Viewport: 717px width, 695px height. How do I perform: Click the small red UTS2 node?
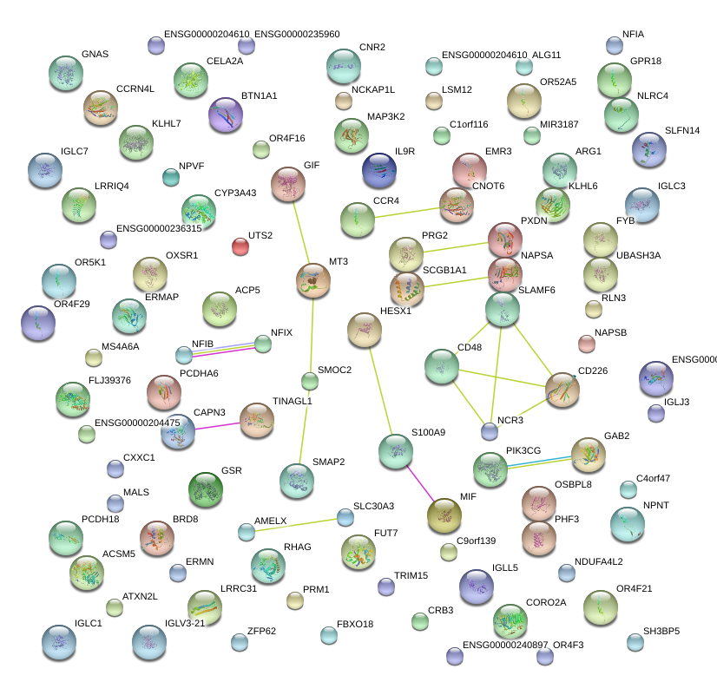tap(240, 246)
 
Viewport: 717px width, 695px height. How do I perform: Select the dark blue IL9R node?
tap(378, 170)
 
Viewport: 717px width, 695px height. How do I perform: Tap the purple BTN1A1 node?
tap(226, 115)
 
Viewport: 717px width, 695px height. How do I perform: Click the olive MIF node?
tap(444, 515)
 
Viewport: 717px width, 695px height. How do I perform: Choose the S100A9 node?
tap(396, 451)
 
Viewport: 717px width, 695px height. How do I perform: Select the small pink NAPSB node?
tap(587, 344)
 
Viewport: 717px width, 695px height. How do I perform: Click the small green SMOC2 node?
tap(309, 381)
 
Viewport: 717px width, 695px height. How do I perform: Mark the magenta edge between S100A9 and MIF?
tap(420, 483)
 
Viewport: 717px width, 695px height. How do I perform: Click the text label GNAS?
tap(95, 54)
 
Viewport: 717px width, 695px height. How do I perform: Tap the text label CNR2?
tap(372, 47)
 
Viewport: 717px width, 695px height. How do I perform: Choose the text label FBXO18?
tap(354, 624)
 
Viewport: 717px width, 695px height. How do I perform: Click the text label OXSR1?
tap(181, 255)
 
